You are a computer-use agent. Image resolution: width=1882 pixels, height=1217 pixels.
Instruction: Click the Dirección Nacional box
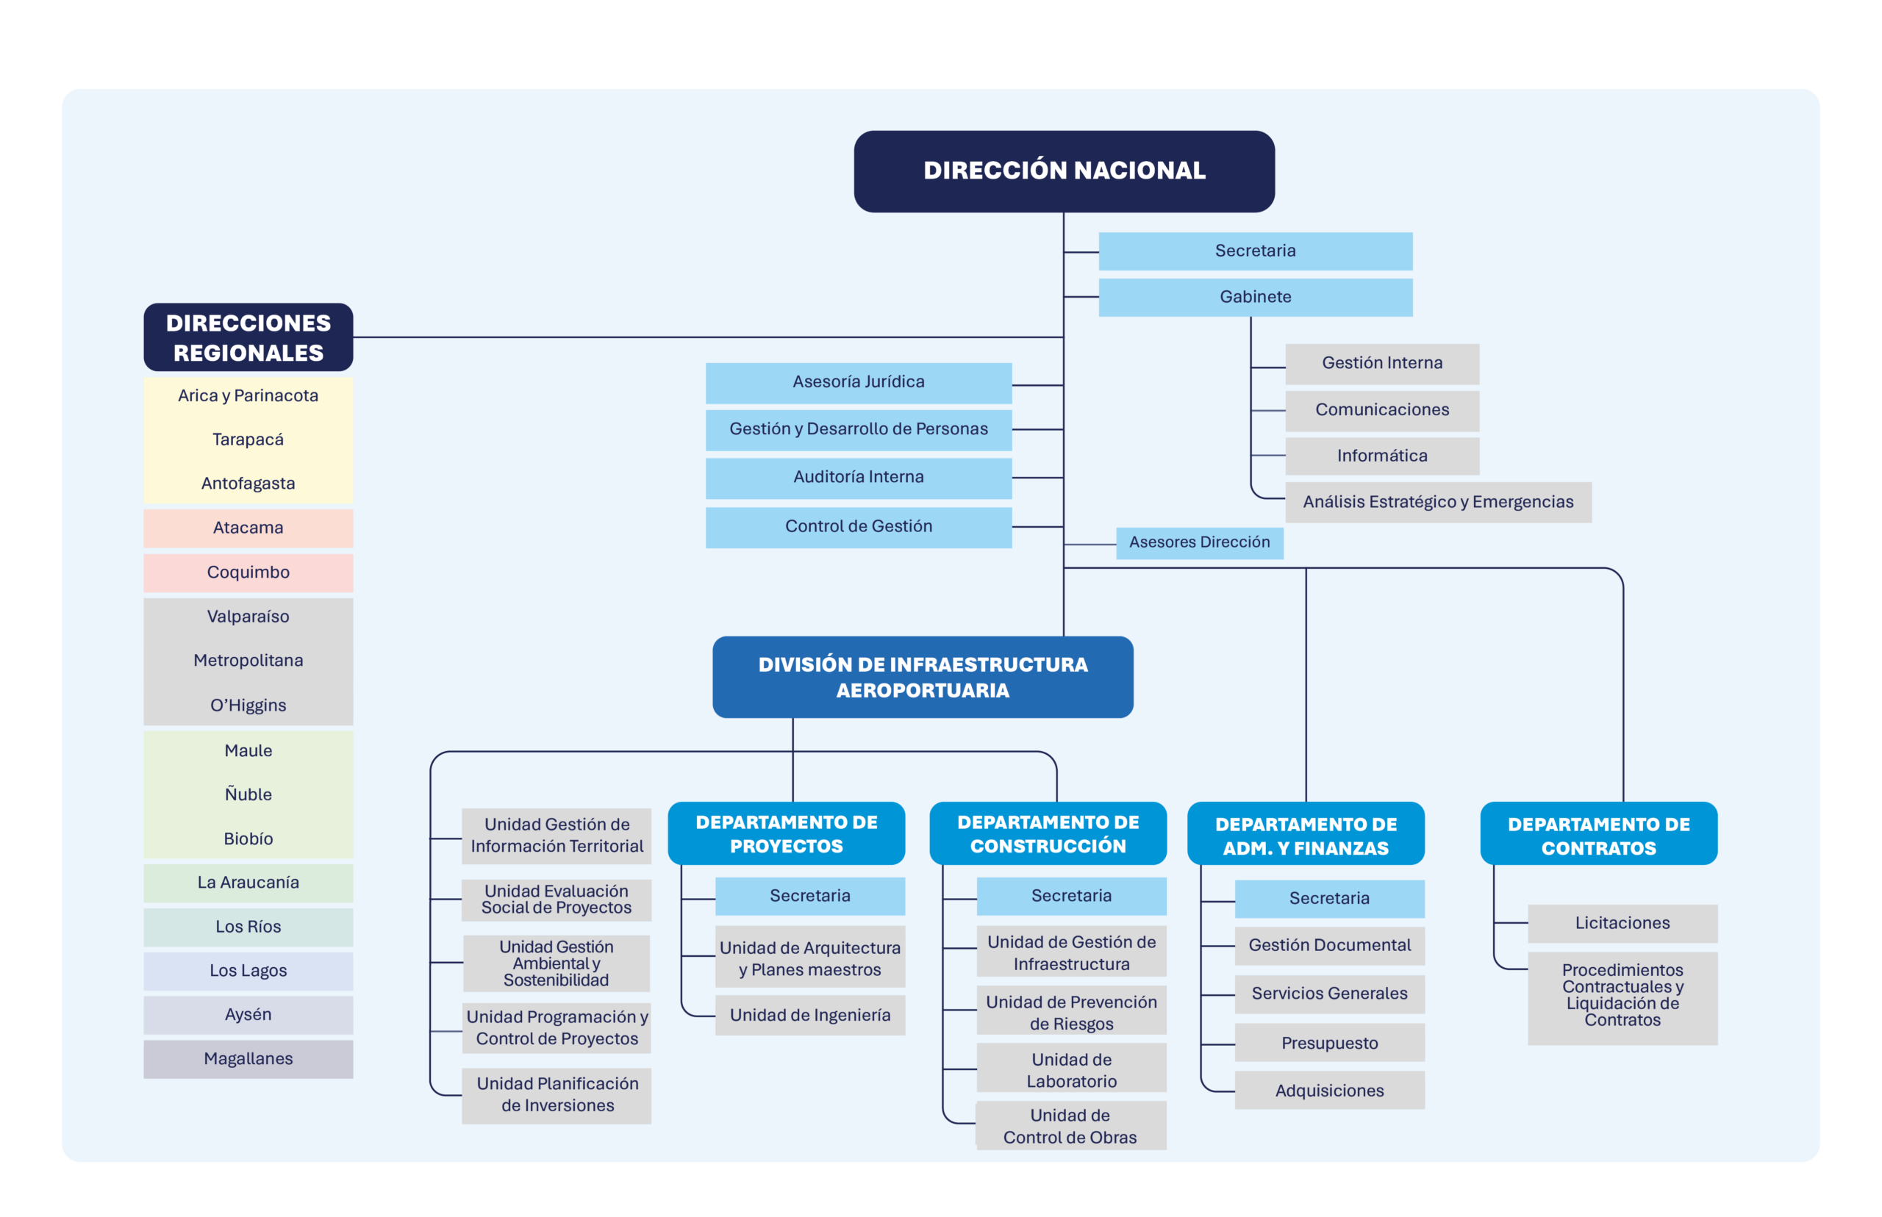1063,170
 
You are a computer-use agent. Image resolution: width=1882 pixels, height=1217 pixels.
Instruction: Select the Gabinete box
1254,297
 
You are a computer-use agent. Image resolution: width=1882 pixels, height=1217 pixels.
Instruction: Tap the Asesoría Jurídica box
859,382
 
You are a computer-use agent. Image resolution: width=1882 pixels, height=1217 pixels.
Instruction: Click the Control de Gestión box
859,527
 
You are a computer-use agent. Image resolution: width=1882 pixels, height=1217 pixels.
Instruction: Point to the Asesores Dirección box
1199,543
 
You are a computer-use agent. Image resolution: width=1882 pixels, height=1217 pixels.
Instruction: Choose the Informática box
1381,456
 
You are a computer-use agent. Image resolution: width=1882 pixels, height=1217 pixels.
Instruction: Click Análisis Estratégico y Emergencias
1438,502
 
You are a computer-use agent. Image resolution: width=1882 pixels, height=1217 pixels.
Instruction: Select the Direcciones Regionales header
248,337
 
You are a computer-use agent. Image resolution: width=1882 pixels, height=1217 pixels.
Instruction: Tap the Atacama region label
248,528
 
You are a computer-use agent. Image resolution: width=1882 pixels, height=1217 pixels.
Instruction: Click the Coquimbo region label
248,572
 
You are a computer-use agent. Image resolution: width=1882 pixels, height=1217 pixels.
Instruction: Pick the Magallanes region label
248,1059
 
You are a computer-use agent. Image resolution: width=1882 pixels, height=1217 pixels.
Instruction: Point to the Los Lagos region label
248,972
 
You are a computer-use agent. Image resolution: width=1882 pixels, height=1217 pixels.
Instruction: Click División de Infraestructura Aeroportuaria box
923,678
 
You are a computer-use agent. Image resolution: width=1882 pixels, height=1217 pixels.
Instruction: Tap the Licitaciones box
1622,924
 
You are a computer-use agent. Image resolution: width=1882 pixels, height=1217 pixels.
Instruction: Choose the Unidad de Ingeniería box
809,1016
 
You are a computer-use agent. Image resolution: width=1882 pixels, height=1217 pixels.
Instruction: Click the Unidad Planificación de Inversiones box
557,1096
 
